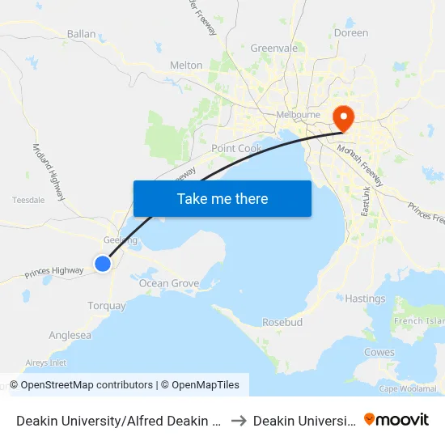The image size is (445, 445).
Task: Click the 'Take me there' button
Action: pos(222,198)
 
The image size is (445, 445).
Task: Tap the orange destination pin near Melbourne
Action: pos(344,118)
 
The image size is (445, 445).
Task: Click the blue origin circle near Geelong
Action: pos(103,264)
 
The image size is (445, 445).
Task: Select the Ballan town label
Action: pos(82,35)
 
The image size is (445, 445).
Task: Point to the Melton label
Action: pos(186,66)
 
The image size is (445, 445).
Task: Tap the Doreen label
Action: pos(351,33)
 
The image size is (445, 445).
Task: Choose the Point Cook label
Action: pos(236,149)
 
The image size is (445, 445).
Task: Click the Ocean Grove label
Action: pos(169,283)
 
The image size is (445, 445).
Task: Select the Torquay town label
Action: pos(107,306)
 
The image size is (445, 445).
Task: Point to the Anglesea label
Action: pos(70,335)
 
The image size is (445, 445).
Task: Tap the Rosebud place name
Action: pos(282,322)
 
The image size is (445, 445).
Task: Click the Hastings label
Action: pos(365,299)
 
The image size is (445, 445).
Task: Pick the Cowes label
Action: pos(379,352)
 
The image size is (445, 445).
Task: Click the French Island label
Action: pos(418,321)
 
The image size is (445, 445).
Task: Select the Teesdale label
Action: pos(28,200)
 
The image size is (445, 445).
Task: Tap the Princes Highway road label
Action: pos(53,272)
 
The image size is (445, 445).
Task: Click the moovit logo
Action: pos(396,419)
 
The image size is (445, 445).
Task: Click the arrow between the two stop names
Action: pos(239,420)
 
